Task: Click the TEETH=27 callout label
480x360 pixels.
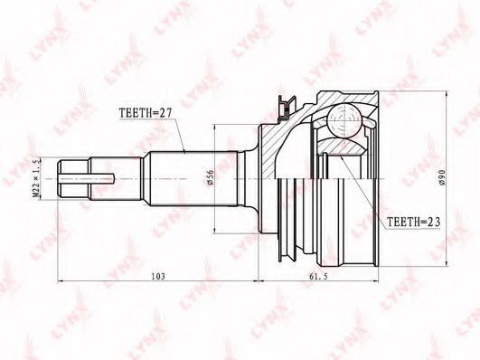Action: click(146, 113)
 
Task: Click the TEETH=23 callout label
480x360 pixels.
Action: click(414, 222)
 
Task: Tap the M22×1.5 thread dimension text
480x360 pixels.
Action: click(36, 179)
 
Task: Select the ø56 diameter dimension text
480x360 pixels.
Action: click(210, 177)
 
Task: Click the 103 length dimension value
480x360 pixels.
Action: click(158, 277)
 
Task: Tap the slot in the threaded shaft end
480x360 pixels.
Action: click(87, 178)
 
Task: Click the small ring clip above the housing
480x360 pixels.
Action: click(287, 109)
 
